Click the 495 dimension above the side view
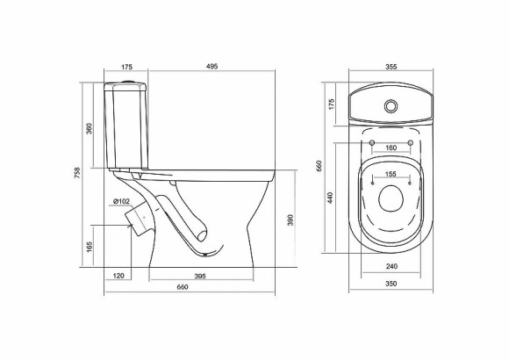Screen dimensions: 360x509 coord(211,66)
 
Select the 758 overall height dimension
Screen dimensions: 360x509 coord(79,175)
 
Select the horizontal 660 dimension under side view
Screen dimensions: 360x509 coord(183,289)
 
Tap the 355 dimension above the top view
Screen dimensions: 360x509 coord(391,66)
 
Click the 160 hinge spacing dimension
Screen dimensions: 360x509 coord(391,148)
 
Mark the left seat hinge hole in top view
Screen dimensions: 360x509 coord(372,142)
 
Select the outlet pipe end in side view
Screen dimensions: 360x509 coord(135,217)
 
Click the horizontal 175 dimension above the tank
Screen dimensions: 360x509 coord(127,66)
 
